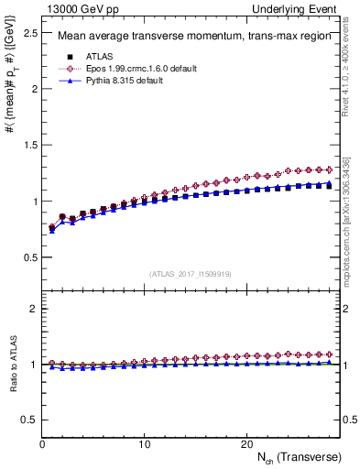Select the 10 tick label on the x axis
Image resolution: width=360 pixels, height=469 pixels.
144,444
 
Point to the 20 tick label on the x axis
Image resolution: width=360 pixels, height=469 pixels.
245,444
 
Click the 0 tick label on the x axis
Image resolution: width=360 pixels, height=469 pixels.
43,444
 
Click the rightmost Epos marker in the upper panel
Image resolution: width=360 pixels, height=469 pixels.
328,169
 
